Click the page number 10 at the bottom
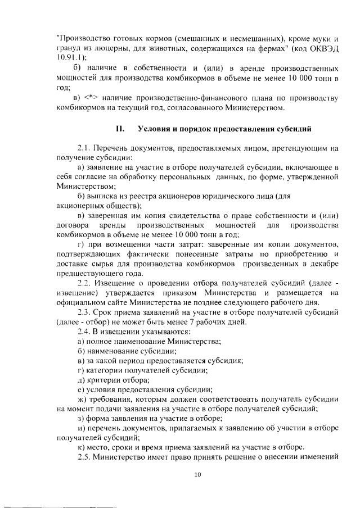coord(197,475)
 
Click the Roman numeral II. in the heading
coord(120,128)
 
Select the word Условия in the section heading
coord(157,128)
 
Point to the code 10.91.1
coord(70,57)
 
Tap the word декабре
coord(323,263)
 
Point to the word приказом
coord(178,292)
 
